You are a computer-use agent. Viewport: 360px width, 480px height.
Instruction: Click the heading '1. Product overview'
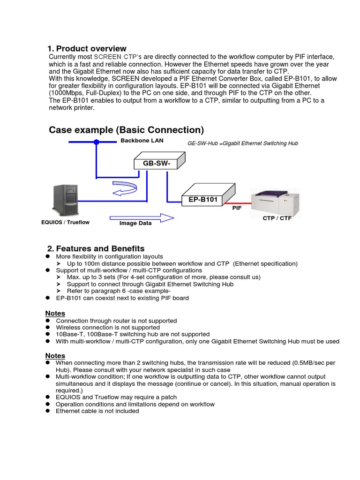point(87,49)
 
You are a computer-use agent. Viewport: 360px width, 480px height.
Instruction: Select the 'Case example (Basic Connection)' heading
point(126,130)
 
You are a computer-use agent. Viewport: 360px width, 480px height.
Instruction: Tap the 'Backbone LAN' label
point(139,140)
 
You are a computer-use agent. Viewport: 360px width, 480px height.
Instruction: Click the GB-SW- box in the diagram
point(150,163)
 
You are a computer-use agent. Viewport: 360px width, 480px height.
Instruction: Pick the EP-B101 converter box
point(203,199)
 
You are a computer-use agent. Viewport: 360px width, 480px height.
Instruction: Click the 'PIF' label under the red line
point(237,208)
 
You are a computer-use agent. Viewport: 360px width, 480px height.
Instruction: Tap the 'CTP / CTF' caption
point(277,218)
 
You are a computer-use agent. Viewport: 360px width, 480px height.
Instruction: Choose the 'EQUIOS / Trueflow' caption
point(65,222)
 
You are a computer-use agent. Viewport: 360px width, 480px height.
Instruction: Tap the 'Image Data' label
point(135,224)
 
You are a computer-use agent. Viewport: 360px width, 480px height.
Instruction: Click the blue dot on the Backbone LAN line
point(96,142)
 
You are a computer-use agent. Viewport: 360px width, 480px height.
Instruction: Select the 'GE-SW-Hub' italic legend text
point(242,143)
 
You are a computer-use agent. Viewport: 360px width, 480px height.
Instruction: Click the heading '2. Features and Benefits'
point(96,248)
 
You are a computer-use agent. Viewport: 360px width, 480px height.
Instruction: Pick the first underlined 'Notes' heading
point(55,313)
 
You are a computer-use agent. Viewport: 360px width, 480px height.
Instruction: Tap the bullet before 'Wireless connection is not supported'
point(48,328)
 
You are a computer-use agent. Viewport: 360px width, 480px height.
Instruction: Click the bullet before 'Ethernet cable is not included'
point(48,411)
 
